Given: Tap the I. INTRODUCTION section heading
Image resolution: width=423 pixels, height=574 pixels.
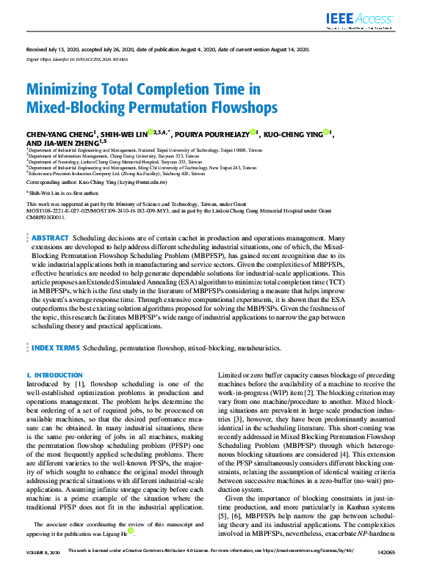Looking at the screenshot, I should tap(54, 375).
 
